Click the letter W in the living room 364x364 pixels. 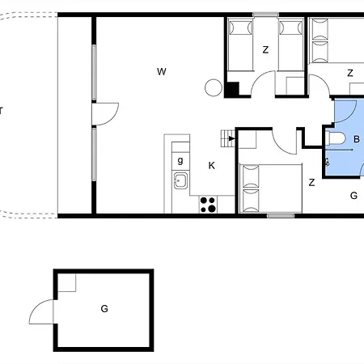162,72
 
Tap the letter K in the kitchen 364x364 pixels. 211,165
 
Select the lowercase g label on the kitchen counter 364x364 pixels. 180,160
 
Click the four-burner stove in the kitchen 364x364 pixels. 208,205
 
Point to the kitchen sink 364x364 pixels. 180,180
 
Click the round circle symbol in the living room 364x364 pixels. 214,87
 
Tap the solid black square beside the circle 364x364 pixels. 231,90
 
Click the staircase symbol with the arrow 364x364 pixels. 227,138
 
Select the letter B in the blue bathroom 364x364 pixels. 356,139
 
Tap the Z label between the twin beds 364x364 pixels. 265,50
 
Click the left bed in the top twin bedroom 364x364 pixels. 239,45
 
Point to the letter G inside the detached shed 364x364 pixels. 104,308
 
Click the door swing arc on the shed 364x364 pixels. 39,311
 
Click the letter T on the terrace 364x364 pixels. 2,110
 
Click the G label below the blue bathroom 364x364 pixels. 353,195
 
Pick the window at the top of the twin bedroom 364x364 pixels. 265,15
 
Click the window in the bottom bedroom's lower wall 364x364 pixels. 281,215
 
